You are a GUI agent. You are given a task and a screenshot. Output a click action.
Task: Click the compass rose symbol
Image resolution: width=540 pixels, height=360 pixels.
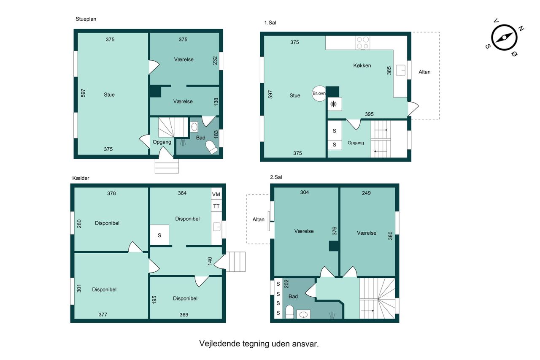pyautogui.click(x=504, y=38)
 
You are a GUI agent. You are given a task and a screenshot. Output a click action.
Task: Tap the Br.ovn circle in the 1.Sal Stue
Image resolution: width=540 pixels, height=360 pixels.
pyautogui.click(x=319, y=94)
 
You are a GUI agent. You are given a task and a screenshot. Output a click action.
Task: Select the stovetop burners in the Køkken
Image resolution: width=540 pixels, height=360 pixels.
pyautogui.click(x=362, y=43)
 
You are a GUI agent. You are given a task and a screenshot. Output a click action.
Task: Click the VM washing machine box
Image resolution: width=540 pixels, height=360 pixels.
pyautogui.click(x=216, y=194)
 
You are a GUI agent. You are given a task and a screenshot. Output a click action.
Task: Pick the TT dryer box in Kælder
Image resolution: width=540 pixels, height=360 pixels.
pyautogui.click(x=216, y=206)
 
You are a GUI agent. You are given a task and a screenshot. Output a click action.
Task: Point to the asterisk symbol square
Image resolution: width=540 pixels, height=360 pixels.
pyautogui.click(x=335, y=104)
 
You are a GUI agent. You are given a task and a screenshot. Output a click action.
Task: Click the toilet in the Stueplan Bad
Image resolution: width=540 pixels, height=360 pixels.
pyautogui.click(x=212, y=147)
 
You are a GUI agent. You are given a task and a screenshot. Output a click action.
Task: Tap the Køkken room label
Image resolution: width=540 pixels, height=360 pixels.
pyautogui.click(x=362, y=65)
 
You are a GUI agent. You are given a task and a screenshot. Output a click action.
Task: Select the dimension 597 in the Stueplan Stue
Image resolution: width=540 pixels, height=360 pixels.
pyautogui.click(x=83, y=93)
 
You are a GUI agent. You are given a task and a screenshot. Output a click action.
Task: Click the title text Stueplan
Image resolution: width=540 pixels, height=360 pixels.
pyautogui.click(x=86, y=19)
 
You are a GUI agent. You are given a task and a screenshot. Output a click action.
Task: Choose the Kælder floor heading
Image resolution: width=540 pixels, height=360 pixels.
pyautogui.click(x=81, y=178)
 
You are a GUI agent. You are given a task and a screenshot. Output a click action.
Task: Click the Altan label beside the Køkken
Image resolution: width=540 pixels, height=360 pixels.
pyautogui.click(x=424, y=72)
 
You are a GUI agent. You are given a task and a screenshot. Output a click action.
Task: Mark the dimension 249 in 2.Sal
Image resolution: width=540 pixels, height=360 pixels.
pyautogui.click(x=366, y=193)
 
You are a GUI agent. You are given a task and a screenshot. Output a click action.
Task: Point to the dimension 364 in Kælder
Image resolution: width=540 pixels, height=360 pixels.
pyautogui.click(x=182, y=193)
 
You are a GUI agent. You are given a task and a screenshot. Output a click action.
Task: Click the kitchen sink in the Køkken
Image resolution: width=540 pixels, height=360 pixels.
pyautogui.click(x=401, y=70)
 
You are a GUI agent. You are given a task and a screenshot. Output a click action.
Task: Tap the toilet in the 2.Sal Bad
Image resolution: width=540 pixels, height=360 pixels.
pyautogui.click(x=289, y=312)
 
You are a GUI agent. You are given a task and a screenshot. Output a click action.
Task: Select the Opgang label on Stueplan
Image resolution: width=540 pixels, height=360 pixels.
pyautogui.click(x=162, y=142)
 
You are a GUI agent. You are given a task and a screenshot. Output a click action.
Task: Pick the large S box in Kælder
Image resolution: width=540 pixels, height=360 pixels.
pyautogui.click(x=159, y=235)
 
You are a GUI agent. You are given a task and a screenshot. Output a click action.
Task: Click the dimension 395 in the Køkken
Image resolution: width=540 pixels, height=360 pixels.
pyautogui.click(x=369, y=114)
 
